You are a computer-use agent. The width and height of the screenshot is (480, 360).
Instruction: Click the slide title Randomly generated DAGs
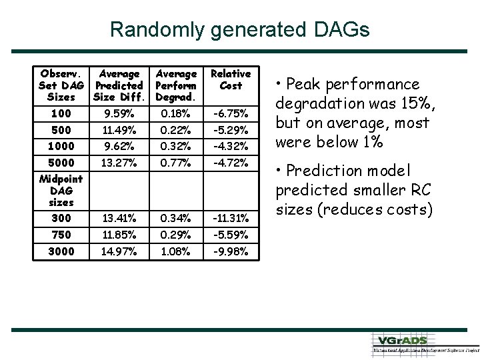point(239,29)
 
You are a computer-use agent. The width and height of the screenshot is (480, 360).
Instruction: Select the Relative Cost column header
point(230,79)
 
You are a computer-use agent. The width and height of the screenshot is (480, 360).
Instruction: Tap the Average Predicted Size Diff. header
point(119,85)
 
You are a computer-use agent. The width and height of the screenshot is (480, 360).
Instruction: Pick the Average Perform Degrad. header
point(176,85)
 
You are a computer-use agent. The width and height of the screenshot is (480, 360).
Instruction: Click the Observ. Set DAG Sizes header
point(61,85)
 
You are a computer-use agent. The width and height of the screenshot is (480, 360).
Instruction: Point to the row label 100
point(61,114)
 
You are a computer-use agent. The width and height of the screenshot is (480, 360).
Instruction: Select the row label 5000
point(61,163)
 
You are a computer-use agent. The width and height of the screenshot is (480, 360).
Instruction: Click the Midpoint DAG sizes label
point(61,190)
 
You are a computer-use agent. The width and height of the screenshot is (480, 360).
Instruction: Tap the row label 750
point(61,235)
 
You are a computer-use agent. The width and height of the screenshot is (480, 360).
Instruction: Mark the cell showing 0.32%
point(177,146)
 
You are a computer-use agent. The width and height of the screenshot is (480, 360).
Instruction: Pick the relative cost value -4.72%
point(231,163)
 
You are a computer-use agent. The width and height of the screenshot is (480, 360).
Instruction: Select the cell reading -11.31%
point(231,218)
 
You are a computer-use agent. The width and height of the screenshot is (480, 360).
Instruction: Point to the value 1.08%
point(177,251)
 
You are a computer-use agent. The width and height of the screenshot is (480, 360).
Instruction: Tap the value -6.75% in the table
point(231,114)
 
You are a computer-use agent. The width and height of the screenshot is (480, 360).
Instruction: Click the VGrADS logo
point(424,342)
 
